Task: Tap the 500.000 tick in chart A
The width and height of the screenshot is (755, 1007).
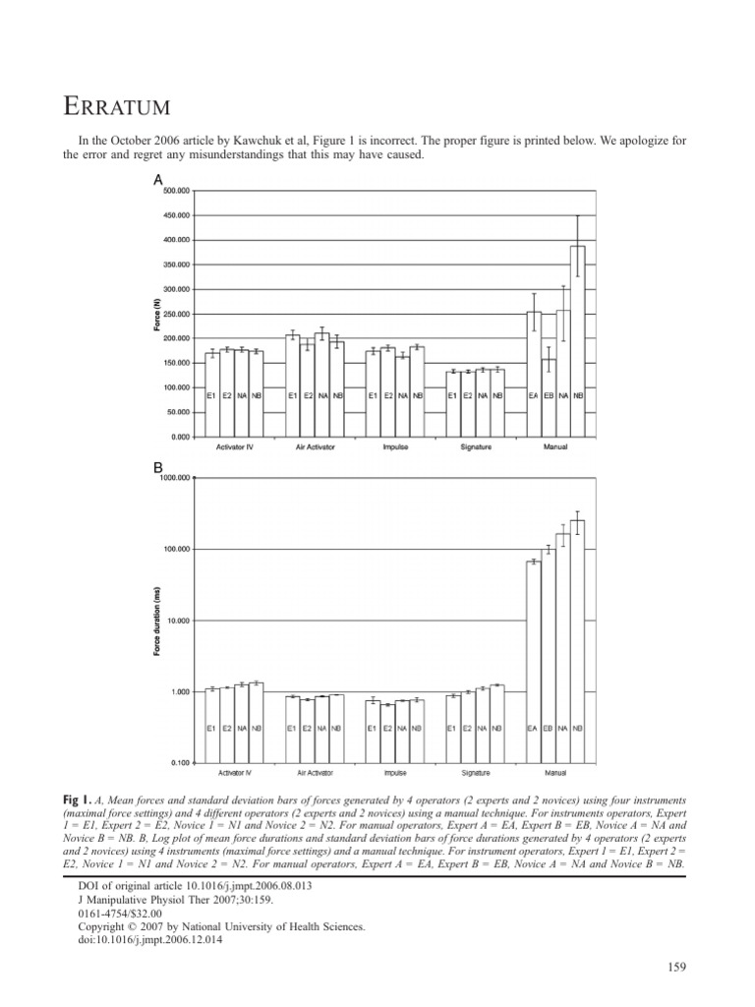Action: tap(176, 191)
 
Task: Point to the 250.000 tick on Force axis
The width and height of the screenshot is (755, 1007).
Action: tap(176, 314)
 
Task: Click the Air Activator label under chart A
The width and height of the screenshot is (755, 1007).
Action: tap(316, 447)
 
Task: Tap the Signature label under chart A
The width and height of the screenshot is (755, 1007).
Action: tap(475, 447)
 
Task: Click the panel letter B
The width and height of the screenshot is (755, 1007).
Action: tap(157, 470)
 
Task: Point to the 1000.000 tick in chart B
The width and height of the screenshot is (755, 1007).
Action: tap(175, 478)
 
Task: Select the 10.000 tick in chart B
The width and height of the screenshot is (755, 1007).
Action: tap(177, 621)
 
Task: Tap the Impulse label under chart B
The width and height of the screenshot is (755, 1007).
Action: tap(394, 774)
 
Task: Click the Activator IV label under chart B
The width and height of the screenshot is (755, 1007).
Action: tap(235, 774)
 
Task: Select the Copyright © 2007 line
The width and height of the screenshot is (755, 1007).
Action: tap(220, 926)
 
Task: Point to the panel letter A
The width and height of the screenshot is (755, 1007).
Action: tap(157, 181)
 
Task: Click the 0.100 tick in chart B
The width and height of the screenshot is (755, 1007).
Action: tap(181, 763)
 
